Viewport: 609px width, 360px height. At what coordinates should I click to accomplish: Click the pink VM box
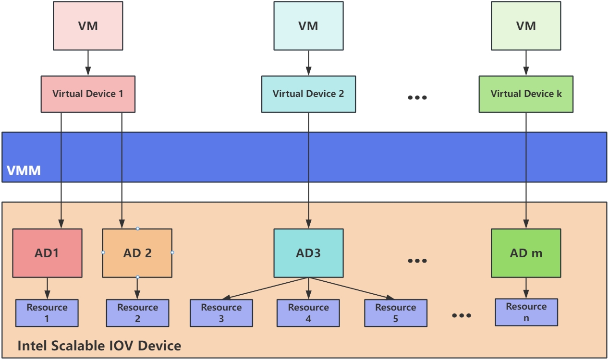[x=88, y=26]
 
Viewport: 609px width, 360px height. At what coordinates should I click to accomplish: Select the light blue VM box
[x=308, y=26]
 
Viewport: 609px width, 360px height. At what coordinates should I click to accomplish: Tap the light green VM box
[x=526, y=26]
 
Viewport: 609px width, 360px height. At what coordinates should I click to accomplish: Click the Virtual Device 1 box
[x=88, y=94]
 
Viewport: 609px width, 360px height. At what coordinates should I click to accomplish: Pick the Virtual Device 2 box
[x=308, y=94]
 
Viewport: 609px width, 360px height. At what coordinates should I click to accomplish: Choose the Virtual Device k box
[x=526, y=94]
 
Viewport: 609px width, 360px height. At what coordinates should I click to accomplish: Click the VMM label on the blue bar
[x=24, y=170]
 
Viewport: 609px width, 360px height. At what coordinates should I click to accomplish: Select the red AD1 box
[x=47, y=253]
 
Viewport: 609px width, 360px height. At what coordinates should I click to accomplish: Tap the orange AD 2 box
[x=137, y=253]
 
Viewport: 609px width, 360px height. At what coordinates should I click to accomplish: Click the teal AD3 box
[x=308, y=253]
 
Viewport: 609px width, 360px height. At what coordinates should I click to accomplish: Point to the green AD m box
[x=526, y=253]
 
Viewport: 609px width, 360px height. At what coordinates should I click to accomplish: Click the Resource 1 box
[x=47, y=313]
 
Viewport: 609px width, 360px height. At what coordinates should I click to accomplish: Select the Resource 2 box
[x=137, y=313]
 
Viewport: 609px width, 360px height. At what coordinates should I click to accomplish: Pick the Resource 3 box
[x=221, y=313]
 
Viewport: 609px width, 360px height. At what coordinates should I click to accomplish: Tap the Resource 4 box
[x=308, y=313]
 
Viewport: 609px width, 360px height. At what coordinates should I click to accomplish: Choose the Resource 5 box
[x=395, y=313]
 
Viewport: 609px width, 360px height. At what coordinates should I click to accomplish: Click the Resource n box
[x=526, y=312]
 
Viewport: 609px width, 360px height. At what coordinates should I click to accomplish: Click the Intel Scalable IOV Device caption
[x=99, y=346]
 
